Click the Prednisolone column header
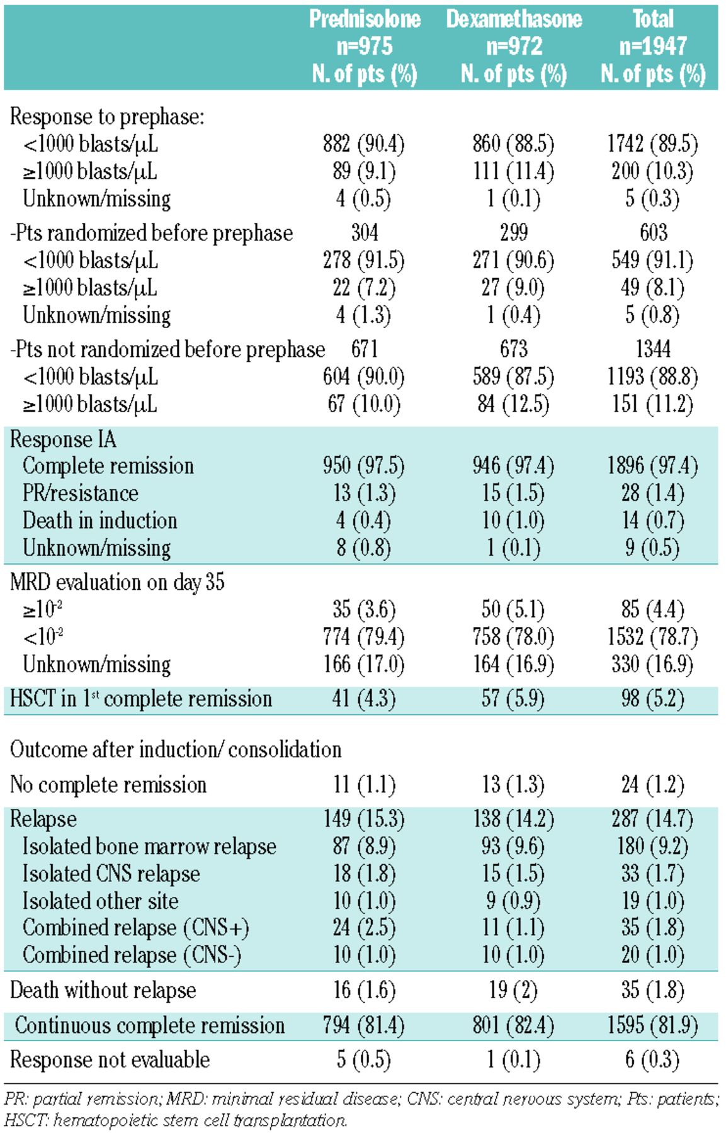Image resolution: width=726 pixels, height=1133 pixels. [365, 46]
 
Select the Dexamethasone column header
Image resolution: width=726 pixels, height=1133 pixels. [514, 46]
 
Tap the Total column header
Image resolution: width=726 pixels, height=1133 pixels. [653, 46]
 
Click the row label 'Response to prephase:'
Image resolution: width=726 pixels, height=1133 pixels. [107, 116]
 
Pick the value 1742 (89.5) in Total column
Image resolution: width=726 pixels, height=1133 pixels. [652, 144]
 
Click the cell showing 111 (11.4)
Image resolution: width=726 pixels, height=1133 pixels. [514, 171]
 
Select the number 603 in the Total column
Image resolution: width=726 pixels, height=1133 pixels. [653, 232]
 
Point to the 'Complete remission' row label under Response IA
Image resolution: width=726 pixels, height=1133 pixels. [108, 466]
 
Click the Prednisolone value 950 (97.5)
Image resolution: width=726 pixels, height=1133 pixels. [364, 466]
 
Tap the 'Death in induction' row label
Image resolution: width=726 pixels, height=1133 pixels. [100, 521]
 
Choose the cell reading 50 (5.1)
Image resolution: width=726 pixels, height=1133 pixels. [513, 609]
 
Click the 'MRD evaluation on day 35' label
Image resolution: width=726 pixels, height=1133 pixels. [117, 582]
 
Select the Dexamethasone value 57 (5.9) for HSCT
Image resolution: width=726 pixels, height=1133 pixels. [513, 699]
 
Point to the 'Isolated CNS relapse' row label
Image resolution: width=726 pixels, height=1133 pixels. [111, 874]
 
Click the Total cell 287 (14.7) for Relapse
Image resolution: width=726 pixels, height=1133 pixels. [652, 819]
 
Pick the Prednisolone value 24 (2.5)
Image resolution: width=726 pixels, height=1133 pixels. [364, 928]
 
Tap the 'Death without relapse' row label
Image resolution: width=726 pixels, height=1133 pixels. [103, 990]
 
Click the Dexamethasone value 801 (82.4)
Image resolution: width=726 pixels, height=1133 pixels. [514, 1025]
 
